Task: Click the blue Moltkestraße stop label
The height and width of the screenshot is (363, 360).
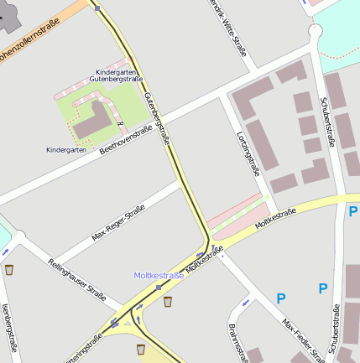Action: point(159,275)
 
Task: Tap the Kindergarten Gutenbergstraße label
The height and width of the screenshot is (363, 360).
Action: point(117,75)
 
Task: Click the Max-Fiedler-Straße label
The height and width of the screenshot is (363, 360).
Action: point(303,340)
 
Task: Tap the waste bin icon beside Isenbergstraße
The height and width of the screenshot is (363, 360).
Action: point(9,270)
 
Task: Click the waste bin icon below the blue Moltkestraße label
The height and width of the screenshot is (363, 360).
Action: point(167,301)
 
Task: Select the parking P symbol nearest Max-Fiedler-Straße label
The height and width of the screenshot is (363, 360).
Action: point(281,298)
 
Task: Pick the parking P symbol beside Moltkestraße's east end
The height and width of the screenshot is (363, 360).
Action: point(352,211)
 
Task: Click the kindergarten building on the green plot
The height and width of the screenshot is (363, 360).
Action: point(95,120)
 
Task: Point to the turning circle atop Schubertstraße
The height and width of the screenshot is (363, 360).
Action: point(316,32)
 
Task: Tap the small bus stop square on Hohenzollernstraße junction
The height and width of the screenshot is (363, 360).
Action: point(97,8)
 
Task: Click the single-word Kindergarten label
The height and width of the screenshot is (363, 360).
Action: point(65,149)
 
